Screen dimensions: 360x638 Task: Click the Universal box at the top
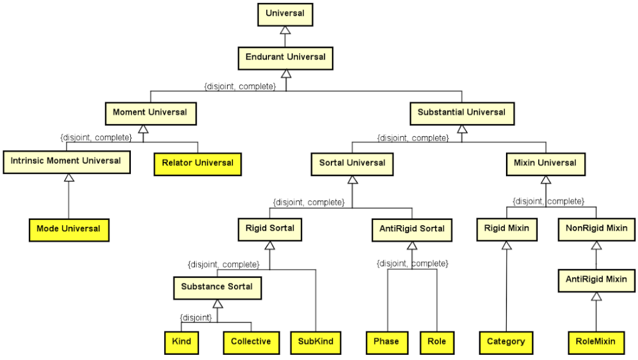(x=285, y=14)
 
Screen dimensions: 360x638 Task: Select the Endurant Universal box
(x=285, y=57)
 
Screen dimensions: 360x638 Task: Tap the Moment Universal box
(x=150, y=112)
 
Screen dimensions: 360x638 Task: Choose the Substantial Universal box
(x=461, y=112)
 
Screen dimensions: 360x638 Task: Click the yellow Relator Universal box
(x=197, y=163)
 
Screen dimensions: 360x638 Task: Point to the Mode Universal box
(x=69, y=229)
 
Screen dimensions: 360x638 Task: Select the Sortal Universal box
(x=352, y=163)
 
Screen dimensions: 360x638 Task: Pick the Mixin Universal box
(x=545, y=163)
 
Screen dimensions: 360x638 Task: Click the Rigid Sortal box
(x=270, y=228)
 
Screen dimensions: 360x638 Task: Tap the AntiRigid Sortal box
(x=412, y=229)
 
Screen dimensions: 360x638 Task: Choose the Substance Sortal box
(x=217, y=287)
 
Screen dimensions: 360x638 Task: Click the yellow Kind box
(x=181, y=342)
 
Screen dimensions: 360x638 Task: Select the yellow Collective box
(x=251, y=342)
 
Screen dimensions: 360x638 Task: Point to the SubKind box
(x=316, y=342)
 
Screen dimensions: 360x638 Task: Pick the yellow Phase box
(x=386, y=342)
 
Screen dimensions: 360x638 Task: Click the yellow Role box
(x=437, y=342)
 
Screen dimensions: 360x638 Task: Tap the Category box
(x=506, y=342)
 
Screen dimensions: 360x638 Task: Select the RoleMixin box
(x=596, y=342)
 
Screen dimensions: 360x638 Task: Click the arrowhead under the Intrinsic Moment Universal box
(x=69, y=177)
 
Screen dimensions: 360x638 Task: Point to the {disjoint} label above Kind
(x=196, y=317)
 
